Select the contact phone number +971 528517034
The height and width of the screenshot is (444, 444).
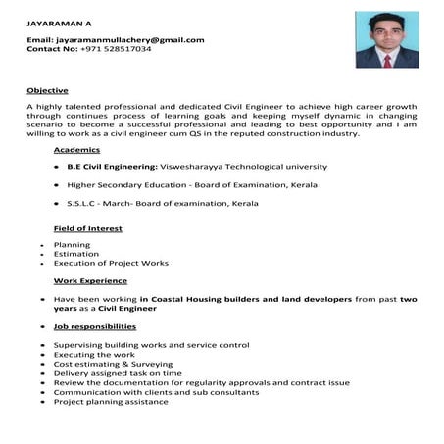point(116,48)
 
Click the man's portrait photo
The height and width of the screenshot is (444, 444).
point(387,40)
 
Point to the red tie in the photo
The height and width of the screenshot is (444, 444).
point(387,59)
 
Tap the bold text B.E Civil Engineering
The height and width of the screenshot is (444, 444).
point(107,167)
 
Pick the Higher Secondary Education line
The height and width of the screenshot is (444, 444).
point(176,185)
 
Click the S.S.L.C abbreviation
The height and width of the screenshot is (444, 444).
point(84,203)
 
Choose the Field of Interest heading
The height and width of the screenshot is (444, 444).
point(87,228)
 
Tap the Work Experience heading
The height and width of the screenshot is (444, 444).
point(91,281)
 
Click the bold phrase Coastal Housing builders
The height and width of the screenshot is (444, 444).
point(196,299)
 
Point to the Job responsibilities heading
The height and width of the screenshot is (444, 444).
point(95,326)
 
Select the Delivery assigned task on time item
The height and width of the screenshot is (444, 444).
point(118,373)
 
